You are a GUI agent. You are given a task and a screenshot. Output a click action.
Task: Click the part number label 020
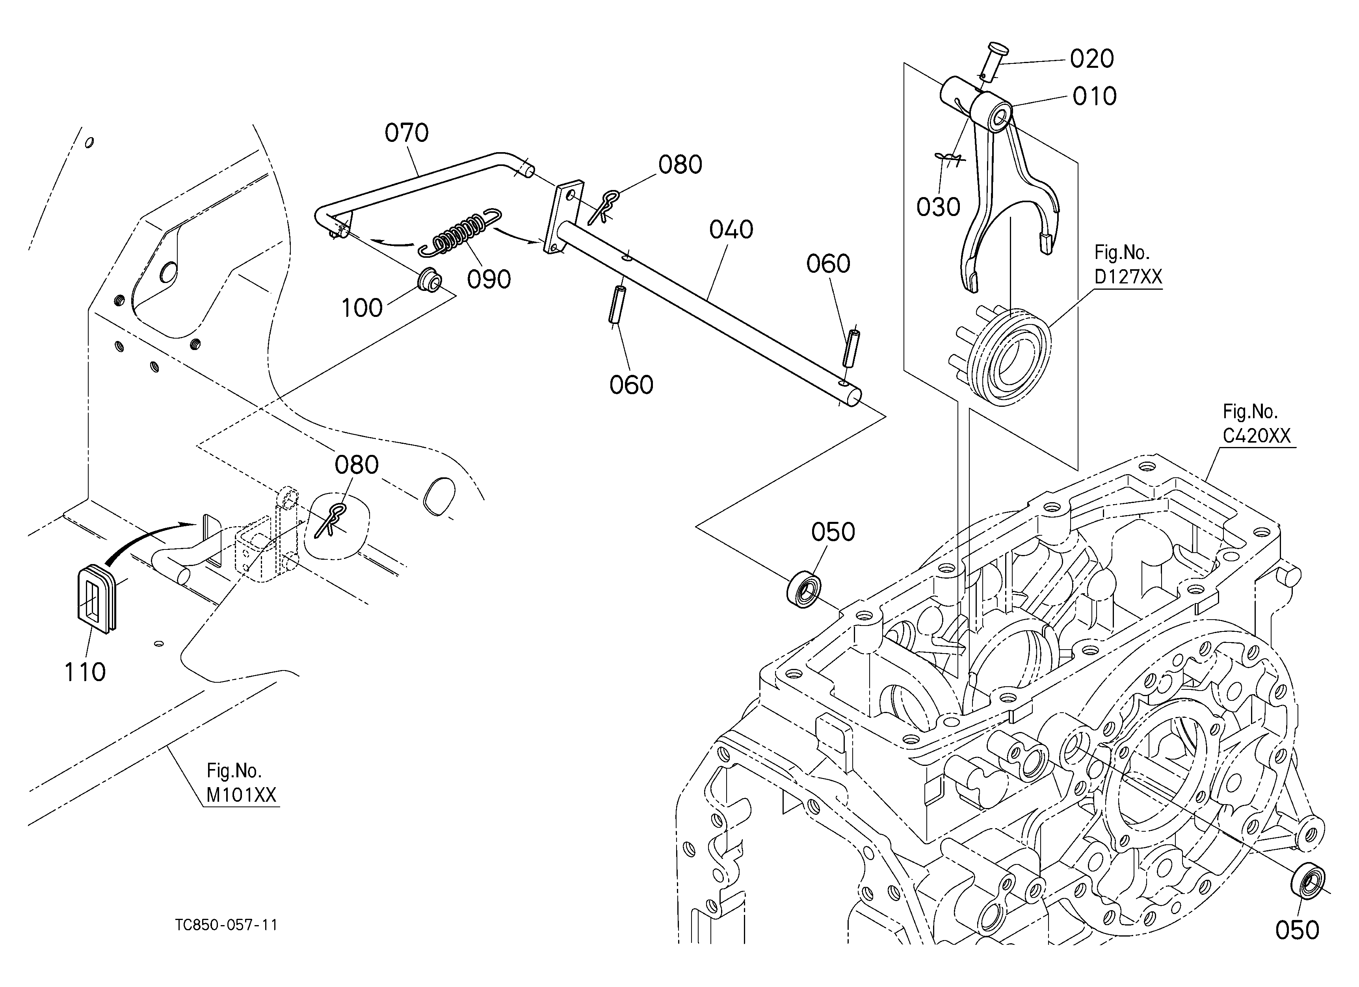(x=1092, y=59)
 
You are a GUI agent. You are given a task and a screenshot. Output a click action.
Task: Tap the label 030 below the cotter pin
(x=938, y=207)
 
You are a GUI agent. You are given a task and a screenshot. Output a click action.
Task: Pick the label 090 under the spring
(x=489, y=279)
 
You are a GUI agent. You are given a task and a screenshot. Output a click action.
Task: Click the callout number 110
(x=85, y=672)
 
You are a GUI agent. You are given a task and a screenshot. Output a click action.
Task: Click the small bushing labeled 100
(x=429, y=280)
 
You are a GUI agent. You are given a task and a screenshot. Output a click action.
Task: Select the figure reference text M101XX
(x=242, y=795)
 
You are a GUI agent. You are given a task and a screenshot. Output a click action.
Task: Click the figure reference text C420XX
(x=1257, y=436)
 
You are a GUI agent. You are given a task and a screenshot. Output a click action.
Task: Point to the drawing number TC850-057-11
(x=227, y=925)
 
